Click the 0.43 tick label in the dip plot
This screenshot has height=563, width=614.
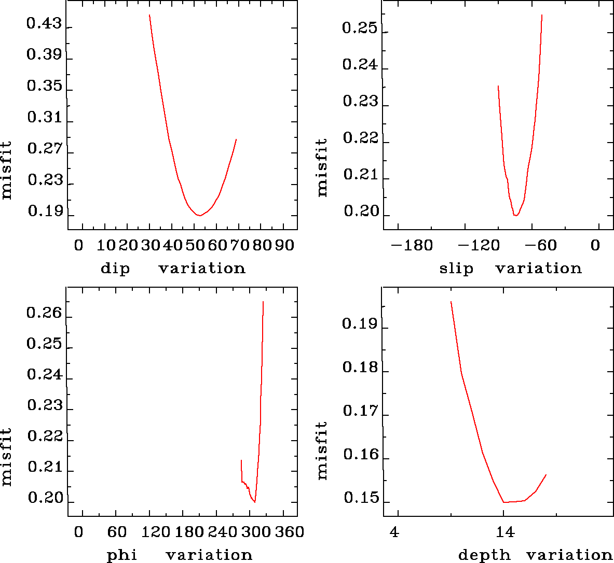pyautogui.click(x=44, y=24)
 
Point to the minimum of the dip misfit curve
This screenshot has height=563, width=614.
pyautogui.click(x=199, y=215)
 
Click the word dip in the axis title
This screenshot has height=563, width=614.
pyautogui.click(x=115, y=269)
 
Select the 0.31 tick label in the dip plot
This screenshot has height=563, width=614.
pyautogui.click(x=44, y=118)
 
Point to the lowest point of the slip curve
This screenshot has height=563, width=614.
pyautogui.click(x=516, y=215)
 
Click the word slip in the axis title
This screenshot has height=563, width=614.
pyautogui.click(x=456, y=269)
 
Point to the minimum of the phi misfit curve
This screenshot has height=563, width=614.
pyautogui.click(x=254, y=502)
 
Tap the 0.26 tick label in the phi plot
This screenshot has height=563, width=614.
pyautogui.click(x=44, y=313)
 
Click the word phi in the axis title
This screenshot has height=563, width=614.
pyautogui.click(x=122, y=556)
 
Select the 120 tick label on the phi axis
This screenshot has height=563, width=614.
pyautogui.click(x=156, y=532)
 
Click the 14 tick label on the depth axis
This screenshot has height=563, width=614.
pyautogui.click(x=504, y=532)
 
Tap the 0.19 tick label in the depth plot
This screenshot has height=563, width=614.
pyautogui.click(x=359, y=325)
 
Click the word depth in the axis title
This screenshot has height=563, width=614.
pyautogui.click(x=484, y=556)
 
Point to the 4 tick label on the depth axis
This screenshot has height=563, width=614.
pyautogui.click(x=395, y=532)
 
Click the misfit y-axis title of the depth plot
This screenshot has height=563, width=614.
pyautogui.click(x=322, y=450)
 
